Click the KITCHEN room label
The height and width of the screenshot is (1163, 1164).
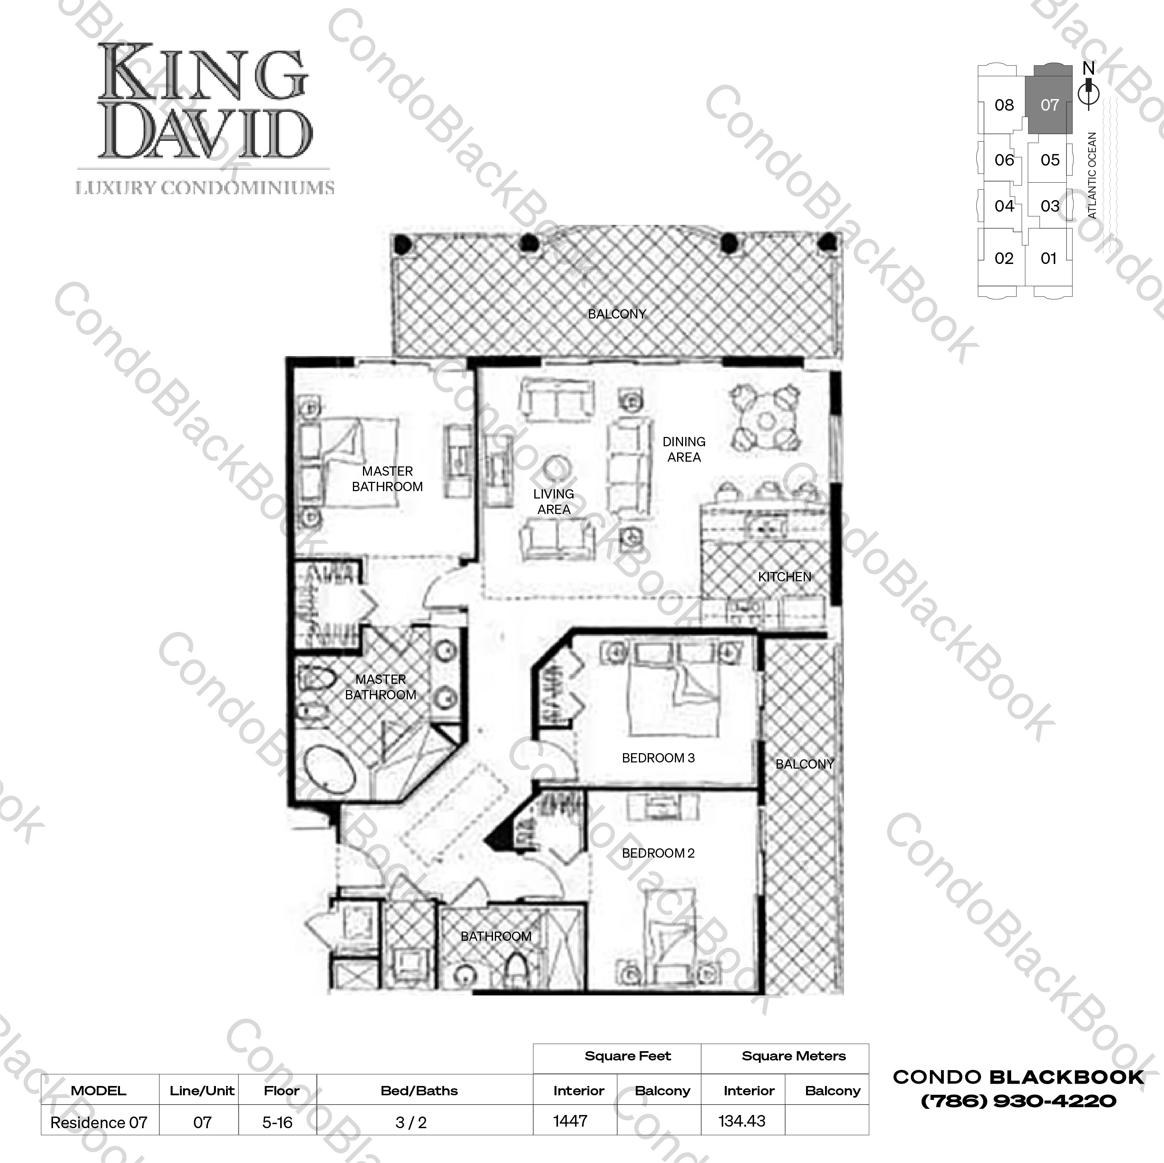pyautogui.click(x=784, y=577)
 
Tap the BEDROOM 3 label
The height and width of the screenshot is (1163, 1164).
pyautogui.click(x=658, y=758)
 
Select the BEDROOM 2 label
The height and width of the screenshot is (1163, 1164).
pyautogui.click(x=658, y=853)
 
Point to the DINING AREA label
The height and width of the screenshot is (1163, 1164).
pyautogui.click(x=684, y=450)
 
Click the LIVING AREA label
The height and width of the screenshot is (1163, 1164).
pyautogui.click(x=553, y=501)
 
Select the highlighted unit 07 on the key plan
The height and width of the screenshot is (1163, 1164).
pyautogui.click(x=1049, y=105)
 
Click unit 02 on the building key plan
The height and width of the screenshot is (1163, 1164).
pyautogui.click(x=1004, y=259)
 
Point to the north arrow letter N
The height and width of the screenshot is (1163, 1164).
pyautogui.click(x=1088, y=69)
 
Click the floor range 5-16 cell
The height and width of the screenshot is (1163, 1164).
pyautogui.click(x=277, y=1122)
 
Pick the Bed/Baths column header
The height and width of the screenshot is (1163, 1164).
pyautogui.click(x=419, y=1091)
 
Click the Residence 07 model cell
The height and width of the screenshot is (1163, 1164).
pyautogui.click(x=99, y=1122)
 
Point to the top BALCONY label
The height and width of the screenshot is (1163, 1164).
pyautogui.click(x=616, y=314)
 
